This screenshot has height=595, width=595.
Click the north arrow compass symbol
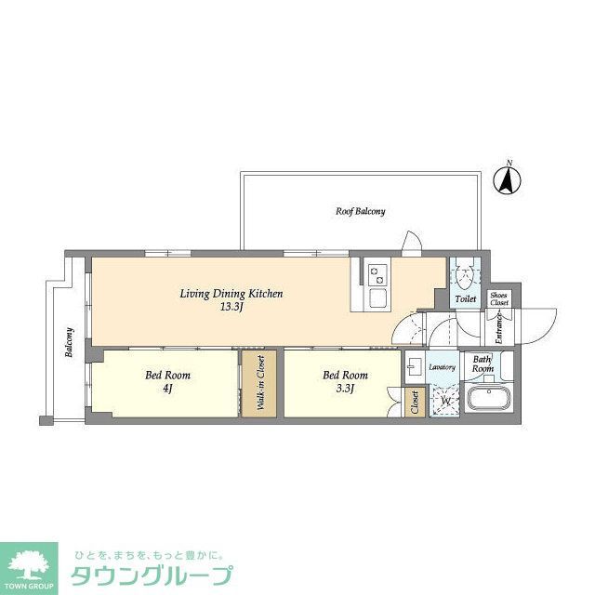508,179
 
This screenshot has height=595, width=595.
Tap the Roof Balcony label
360,211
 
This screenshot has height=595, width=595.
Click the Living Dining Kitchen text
231,294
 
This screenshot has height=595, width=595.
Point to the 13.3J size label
231,307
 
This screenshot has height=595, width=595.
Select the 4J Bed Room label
167,381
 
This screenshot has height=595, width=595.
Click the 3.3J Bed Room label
345,381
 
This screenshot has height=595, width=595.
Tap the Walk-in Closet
260,383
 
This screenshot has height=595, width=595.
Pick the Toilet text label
466,299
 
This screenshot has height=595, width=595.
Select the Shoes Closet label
499,298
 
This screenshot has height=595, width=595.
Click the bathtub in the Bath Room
488,401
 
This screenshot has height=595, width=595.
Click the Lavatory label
443,367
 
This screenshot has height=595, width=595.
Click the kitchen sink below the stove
378,298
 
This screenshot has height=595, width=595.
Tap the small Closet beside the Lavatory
415,402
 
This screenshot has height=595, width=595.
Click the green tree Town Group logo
29,562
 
